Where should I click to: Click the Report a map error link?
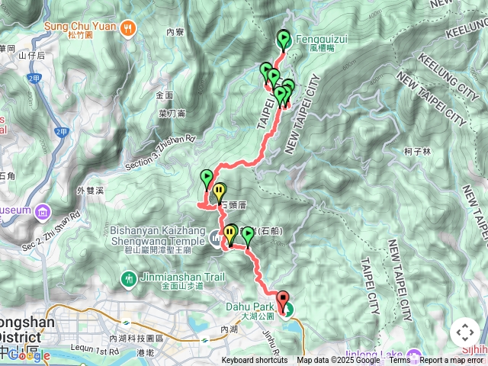(x=454, y=361)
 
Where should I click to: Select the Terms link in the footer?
(x=400, y=361)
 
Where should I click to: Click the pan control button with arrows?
(x=465, y=333)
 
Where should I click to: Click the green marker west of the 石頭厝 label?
(x=207, y=179)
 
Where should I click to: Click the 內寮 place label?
(x=176, y=32)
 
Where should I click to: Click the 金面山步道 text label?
(x=182, y=286)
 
